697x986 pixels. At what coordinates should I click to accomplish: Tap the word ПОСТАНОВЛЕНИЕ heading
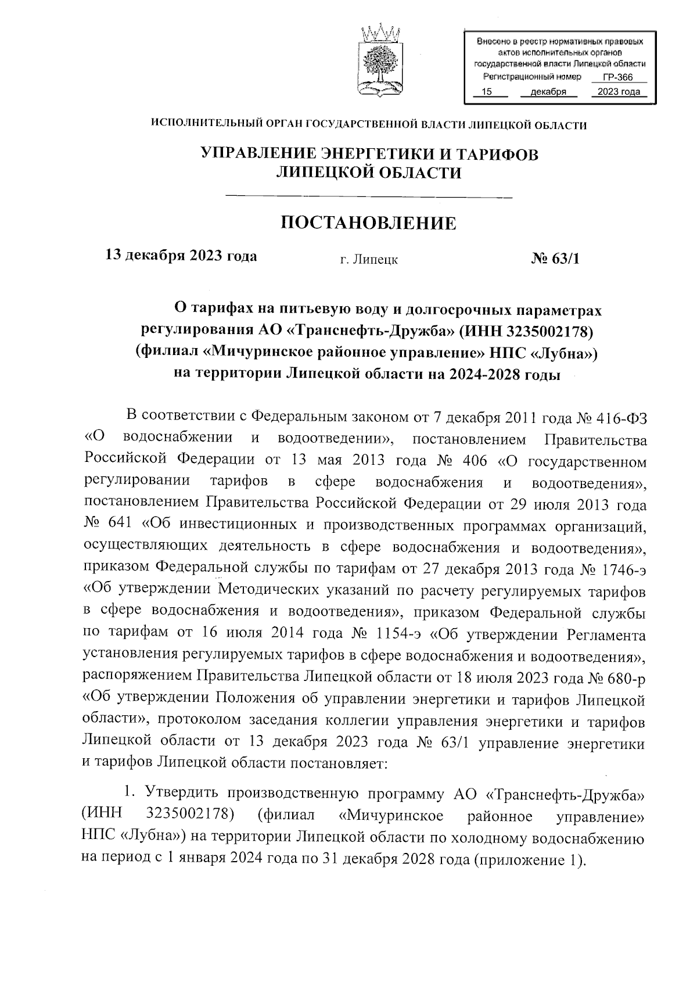tap(368, 223)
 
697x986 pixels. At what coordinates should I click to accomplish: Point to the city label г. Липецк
tap(369, 260)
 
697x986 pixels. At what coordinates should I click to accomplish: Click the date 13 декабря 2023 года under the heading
tap(181, 256)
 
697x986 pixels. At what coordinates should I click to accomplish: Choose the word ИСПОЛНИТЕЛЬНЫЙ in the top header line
tap(204, 125)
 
